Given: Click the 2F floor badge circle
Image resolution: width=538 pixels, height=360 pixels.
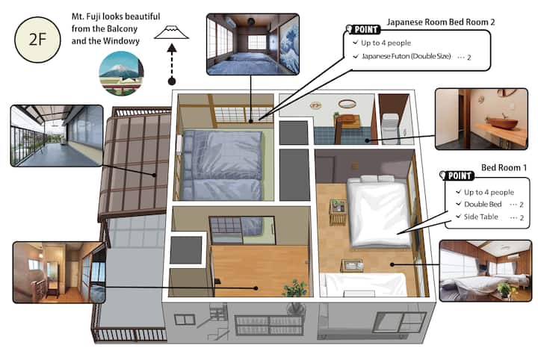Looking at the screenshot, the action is pyautogui.click(x=37, y=40).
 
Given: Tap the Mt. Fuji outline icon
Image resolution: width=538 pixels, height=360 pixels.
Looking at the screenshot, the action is pyautogui.click(x=171, y=32).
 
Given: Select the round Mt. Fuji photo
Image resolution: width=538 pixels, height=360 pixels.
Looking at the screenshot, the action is pyautogui.click(x=121, y=74).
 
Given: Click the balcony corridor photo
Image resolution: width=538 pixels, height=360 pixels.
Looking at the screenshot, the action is pyautogui.click(x=57, y=136).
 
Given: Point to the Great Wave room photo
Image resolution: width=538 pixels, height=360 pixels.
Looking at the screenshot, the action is pyautogui.click(x=253, y=44).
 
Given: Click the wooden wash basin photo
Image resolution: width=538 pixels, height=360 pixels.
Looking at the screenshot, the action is pyautogui.click(x=481, y=119).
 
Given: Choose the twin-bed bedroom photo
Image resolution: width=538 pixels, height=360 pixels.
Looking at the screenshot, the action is pyautogui.click(x=486, y=271).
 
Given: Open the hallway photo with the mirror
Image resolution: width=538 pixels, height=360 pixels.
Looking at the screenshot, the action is pyautogui.click(x=59, y=272).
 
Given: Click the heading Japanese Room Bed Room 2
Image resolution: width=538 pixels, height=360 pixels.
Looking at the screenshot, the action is pyautogui.click(x=441, y=22).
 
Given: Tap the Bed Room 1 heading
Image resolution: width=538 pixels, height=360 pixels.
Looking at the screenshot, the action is pyautogui.click(x=504, y=167).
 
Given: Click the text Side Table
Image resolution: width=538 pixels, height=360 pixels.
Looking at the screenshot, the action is pyautogui.click(x=480, y=217).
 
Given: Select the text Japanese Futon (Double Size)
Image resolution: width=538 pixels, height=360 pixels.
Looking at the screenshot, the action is pyautogui.click(x=406, y=56).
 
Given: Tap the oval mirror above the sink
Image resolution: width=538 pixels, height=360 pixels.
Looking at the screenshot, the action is pyautogui.click(x=347, y=104).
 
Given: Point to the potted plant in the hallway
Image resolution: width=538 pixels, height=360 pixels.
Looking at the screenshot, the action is pyautogui.click(x=294, y=288).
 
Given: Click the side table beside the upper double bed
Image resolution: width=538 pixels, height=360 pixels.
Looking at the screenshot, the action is pyautogui.click(x=338, y=211).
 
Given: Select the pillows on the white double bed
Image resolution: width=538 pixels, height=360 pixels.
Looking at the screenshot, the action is pyautogui.click(x=377, y=179).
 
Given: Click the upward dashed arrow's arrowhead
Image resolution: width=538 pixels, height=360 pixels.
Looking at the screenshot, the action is pyautogui.click(x=172, y=48).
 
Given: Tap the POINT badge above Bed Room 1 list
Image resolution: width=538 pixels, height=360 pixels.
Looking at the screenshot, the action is pyautogui.click(x=457, y=176).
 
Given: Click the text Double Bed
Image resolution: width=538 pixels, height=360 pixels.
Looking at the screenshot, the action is pyautogui.click(x=483, y=204).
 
